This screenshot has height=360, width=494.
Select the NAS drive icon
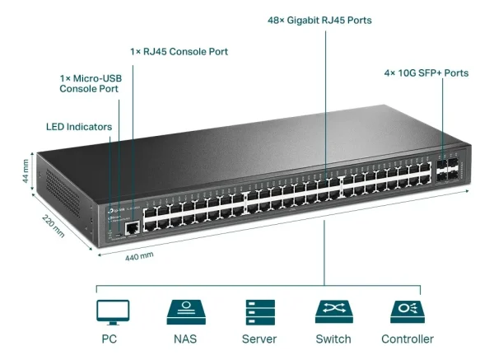pos(186,312)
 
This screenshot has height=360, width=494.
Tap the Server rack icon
pos(259,312)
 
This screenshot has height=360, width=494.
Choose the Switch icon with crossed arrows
pos(333,312)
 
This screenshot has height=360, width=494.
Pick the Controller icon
pos(407,312)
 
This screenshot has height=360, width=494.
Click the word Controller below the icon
pos(407,339)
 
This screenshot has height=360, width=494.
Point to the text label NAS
pos(186,339)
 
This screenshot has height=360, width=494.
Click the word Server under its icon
pos(259,339)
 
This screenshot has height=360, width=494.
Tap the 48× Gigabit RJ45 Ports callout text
pos(324,19)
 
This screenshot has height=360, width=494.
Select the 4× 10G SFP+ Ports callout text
pos(426,73)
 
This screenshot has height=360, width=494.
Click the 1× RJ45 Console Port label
pos(179,52)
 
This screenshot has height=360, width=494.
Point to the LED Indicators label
pos(78,127)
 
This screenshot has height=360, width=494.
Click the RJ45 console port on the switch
pos(131,226)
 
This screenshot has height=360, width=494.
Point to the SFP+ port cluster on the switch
pos(450,171)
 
